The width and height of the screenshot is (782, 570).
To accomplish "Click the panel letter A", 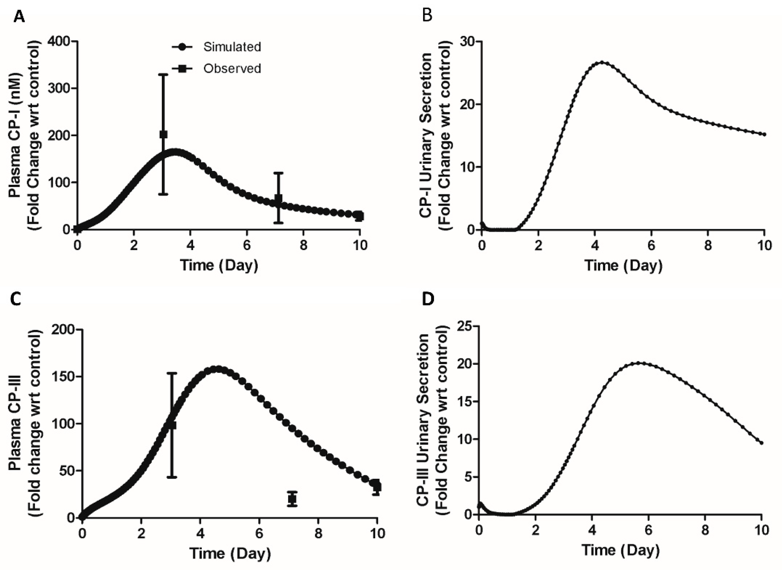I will pos(19,17).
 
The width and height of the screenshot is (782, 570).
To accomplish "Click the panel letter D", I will pos(428,299).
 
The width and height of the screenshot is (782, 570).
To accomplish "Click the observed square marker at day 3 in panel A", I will pos(163,134).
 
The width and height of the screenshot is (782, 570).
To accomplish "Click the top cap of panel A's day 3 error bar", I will pos(163,74).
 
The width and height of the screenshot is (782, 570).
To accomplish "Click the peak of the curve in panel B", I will pos(602,62).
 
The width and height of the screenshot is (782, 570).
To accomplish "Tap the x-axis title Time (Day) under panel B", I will pos(623,265).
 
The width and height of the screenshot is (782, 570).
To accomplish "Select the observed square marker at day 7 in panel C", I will pos(293,499).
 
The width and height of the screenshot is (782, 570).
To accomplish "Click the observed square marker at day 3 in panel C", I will pos(172,425).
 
